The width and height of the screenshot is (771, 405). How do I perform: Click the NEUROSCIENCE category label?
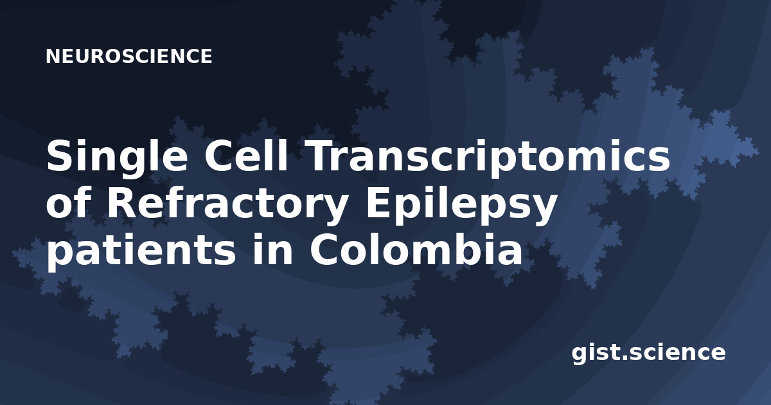pyautogui.click(x=128, y=56)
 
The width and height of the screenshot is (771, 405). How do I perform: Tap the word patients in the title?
pyautogui.click(x=141, y=252)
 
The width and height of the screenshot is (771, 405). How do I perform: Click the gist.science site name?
pyautogui.click(x=648, y=354)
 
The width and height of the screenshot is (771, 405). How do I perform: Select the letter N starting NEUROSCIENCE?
pyautogui.click(x=53, y=56)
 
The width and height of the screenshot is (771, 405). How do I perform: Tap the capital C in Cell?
pyautogui.click(x=219, y=155)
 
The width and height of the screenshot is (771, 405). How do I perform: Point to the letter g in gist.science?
pyautogui.click(x=579, y=355)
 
